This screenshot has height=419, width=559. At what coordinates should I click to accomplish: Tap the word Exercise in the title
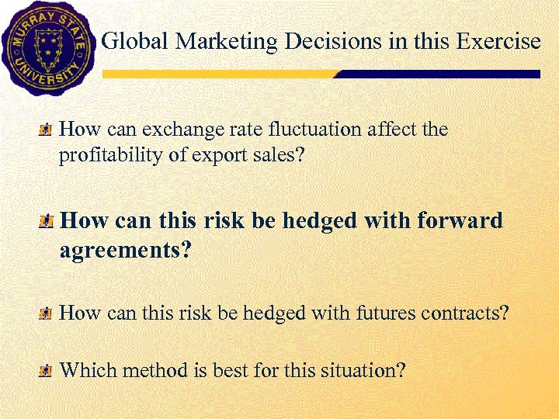[x=498, y=41]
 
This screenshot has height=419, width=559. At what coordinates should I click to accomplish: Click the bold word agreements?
[x=125, y=251]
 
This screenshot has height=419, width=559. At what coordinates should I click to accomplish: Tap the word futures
[x=386, y=313]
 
